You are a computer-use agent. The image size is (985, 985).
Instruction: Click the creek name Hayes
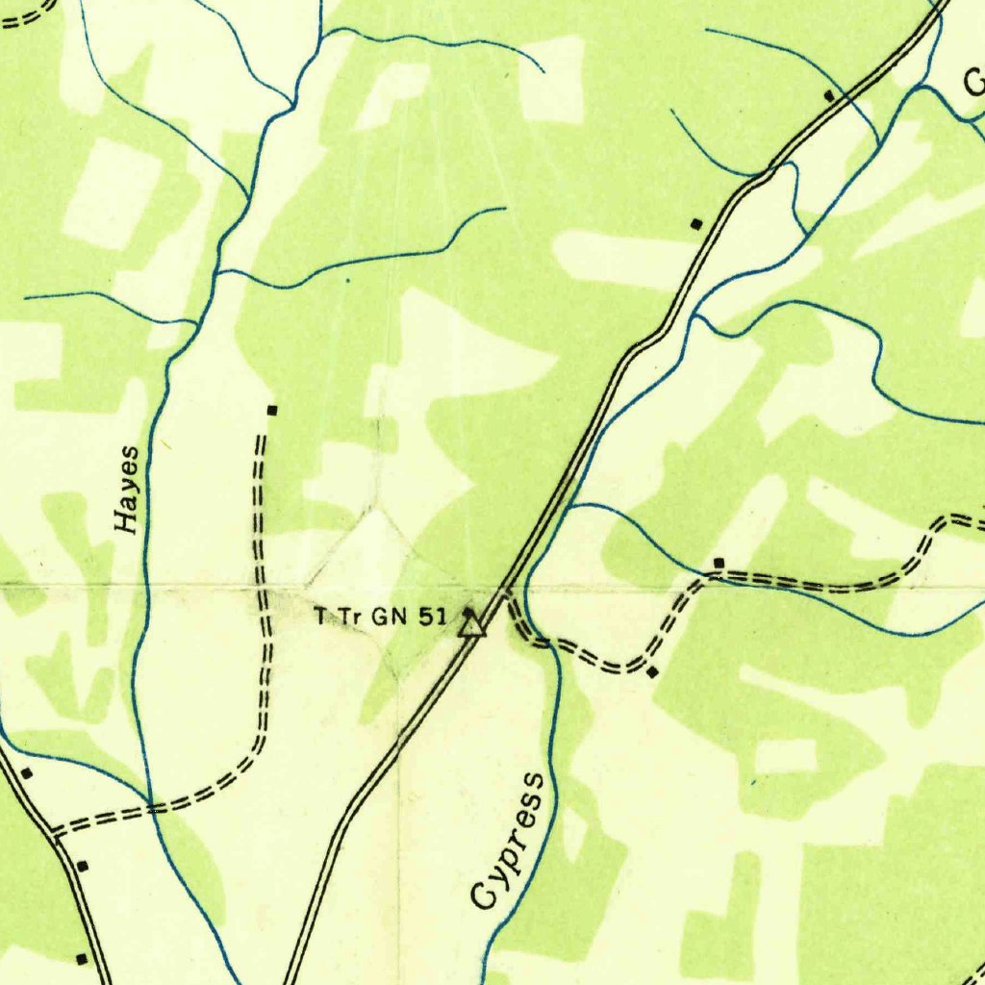coord(127,490)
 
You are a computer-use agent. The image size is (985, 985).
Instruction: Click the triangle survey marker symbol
coord(471,627)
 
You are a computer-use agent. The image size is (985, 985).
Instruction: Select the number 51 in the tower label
coord(432,617)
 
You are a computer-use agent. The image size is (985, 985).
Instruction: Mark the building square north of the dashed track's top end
coord(272,411)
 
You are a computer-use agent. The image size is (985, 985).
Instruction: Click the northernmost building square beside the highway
coord(829,95)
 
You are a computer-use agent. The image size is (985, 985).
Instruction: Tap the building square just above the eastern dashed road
coord(718,562)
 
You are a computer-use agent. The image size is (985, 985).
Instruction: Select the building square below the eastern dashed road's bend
coord(653,672)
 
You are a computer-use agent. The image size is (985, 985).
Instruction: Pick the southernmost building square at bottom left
coord(81,958)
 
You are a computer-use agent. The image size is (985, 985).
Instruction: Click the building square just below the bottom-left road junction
coord(83,866)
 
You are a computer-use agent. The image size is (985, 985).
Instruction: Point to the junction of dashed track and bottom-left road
coord(56,832)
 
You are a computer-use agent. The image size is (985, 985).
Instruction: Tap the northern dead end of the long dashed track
coord(261,438)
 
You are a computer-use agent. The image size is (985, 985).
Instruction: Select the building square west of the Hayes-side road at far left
coord(27,773)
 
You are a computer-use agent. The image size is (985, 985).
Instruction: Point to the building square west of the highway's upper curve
coord(696,224)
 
